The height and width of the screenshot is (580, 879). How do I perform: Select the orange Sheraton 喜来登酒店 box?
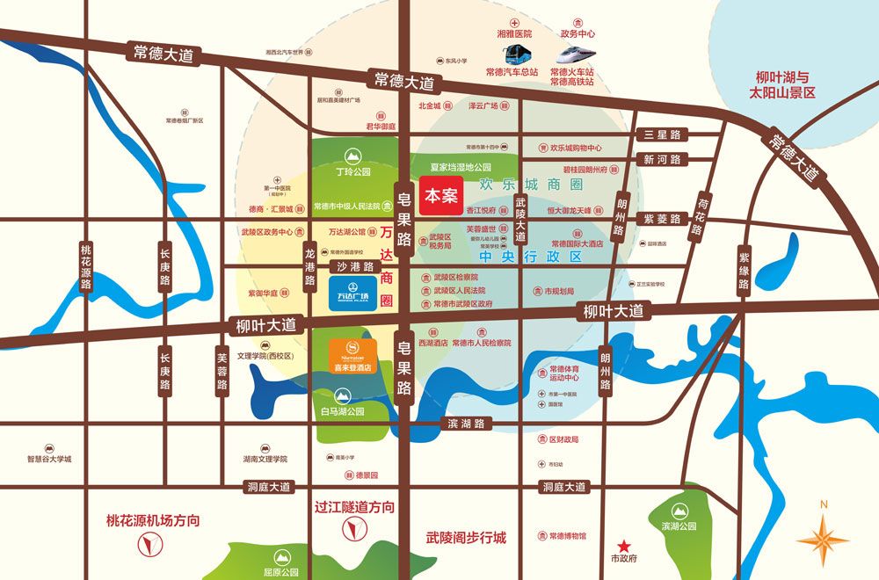(354, 356)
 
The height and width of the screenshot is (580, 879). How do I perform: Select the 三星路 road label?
(662, 134)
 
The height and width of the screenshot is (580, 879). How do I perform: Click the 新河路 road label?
(662, 160)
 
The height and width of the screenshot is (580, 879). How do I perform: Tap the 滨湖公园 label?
(679, 526)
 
